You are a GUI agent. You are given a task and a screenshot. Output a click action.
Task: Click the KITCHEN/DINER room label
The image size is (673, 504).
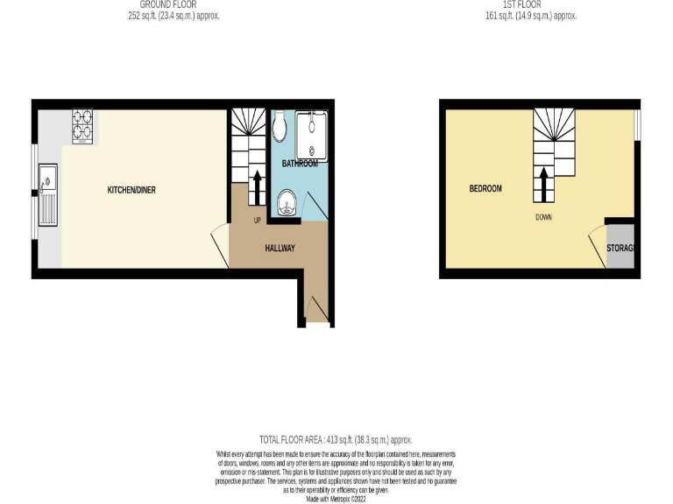pos(131,190)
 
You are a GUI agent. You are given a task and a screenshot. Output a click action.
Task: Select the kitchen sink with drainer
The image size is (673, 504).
pos(47,199)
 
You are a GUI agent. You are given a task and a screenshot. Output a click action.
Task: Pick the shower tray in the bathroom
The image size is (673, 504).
pos(312,136)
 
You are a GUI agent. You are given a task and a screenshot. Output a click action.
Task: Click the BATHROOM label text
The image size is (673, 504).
pos(299,164)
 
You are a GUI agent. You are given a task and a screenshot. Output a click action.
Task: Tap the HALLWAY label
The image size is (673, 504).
pos(280,248)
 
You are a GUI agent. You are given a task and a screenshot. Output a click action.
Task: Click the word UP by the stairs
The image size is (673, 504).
pos(258,219)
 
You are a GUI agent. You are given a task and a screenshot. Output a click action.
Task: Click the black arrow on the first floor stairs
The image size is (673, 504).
pos(543,184)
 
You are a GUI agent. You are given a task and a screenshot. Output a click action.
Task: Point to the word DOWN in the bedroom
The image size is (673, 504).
pos(543,217)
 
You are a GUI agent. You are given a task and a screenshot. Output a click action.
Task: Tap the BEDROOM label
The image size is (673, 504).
pos(485,189)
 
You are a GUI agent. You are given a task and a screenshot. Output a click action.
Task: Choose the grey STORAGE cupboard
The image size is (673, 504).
pos(620,248)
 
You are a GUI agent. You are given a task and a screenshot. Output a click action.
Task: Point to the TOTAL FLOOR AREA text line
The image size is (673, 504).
pos(336,440)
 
